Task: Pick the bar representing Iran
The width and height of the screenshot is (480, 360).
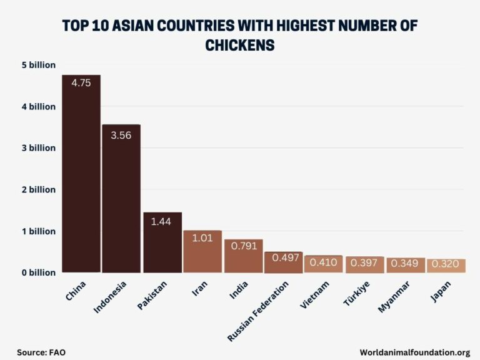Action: (x=202, y=253)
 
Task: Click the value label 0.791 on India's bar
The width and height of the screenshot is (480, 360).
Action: (x=242, y=246)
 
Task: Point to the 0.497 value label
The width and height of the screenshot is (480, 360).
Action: (x=284, y=257)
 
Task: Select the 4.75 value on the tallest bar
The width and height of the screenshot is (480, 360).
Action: (x=81, y=83)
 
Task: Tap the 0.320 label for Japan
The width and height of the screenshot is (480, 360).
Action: (x=446, y=264)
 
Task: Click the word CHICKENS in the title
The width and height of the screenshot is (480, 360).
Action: (x=240, y=45)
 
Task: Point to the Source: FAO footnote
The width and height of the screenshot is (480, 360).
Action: (x=41, y=352)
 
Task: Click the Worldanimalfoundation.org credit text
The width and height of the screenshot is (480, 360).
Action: (x=414, y=352)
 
